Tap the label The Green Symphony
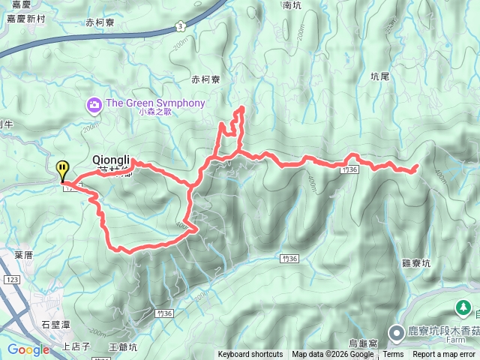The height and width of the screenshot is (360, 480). (x=155, y=103)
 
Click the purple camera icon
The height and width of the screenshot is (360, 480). (x=94, y=103)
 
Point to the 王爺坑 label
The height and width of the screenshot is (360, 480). (x=122, y=346)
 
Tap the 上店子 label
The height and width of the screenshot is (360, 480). (x=76, y=346)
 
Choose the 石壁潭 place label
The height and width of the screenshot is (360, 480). (x=55, y=324)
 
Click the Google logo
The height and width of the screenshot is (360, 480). (x=28, y=349)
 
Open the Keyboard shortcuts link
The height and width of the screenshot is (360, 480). (x=250, y=355)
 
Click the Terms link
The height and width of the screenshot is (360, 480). (x=393, y=355)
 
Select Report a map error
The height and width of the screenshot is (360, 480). (x=445, y=355)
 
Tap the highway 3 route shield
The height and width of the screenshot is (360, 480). (x=181, y=25)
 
